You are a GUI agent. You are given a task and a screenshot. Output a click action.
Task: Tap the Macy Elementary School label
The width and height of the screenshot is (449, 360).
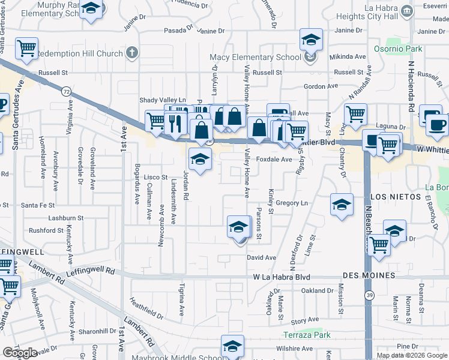pos(255,58)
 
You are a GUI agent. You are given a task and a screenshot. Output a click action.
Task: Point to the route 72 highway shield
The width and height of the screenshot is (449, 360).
pos(66,91)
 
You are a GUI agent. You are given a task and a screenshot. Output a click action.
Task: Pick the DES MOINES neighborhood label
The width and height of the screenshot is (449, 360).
pos(369,275)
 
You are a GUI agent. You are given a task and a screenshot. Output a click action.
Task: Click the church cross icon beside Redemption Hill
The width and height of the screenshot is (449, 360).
pos(132,53)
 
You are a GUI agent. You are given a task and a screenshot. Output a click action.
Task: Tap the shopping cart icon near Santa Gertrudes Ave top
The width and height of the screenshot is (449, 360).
pos(26,49)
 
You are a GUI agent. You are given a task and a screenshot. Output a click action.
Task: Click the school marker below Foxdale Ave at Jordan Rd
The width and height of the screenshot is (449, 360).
pos(200,160)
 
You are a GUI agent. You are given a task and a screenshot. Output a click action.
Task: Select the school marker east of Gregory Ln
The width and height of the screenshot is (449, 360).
pos(342,205)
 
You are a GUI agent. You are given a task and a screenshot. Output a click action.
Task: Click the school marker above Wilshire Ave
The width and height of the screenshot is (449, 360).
pos(232,346)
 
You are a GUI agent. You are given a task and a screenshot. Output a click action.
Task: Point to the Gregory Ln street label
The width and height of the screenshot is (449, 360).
pos(292,203)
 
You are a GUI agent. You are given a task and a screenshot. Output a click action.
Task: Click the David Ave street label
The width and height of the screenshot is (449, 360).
pos(262,257)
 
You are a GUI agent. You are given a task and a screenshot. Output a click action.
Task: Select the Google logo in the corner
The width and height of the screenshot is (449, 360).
pos(20,353)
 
